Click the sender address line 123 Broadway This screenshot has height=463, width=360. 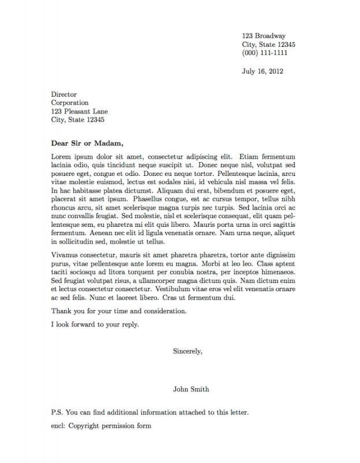263,36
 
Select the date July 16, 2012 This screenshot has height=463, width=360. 262,72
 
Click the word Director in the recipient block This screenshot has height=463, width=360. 64,94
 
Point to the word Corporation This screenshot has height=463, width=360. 69,103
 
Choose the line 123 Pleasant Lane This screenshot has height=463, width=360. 79,112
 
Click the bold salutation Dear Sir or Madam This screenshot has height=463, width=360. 87,143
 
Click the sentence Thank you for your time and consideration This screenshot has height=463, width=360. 119,311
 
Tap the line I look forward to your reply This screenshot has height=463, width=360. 95,325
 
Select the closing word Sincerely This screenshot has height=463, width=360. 188,351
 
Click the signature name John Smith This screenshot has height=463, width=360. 191,389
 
